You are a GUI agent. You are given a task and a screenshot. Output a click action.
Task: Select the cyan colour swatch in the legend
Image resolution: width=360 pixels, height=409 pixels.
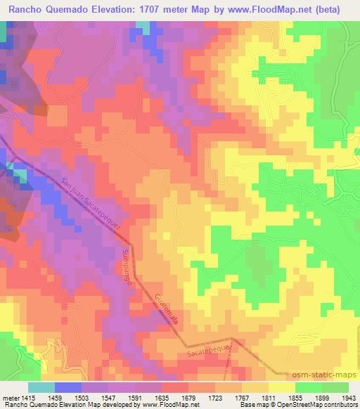tap(41, 387)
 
